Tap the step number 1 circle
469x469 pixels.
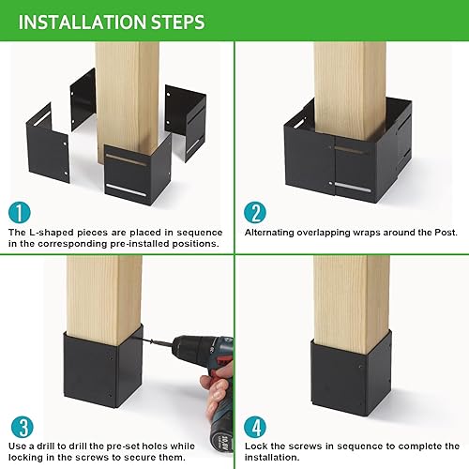[19, 211]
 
